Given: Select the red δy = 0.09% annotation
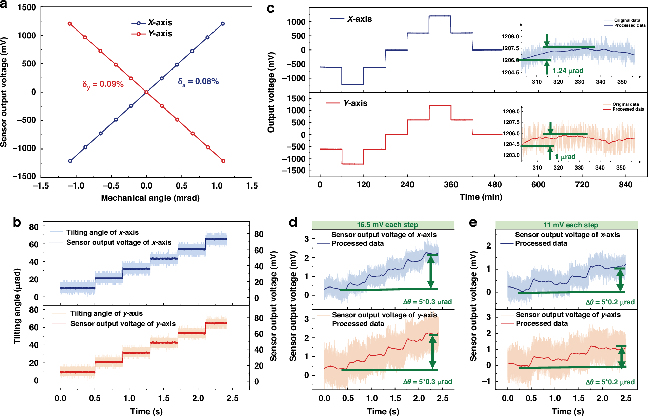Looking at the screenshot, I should tap(103, 84).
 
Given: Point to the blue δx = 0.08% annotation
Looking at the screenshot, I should tap(198, 82).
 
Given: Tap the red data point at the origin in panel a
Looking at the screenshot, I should tap(146, 92).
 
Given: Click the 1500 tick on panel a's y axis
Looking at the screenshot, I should tap(26, 7).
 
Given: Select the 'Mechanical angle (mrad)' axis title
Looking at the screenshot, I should tap(150, 198).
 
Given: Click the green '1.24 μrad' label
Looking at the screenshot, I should tap(568, 71).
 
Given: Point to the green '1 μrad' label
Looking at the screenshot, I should tap(565, 157).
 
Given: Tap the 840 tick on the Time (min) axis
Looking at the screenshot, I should tap(626, 185).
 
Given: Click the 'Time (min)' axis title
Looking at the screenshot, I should tap(481, 197).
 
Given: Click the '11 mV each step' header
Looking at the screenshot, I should tap(571, 225).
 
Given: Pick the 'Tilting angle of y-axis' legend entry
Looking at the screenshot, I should tap(106, 313).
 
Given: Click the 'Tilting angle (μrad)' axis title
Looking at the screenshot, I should tap(17, 306).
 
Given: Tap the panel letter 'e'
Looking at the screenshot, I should tap(473, 223).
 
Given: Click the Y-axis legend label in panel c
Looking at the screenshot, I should tap(355, 103).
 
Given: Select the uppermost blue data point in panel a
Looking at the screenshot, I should tap(223, 24).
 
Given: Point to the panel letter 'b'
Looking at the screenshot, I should tap(17, 223).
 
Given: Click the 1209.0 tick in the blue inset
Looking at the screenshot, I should tap(510, 37).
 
